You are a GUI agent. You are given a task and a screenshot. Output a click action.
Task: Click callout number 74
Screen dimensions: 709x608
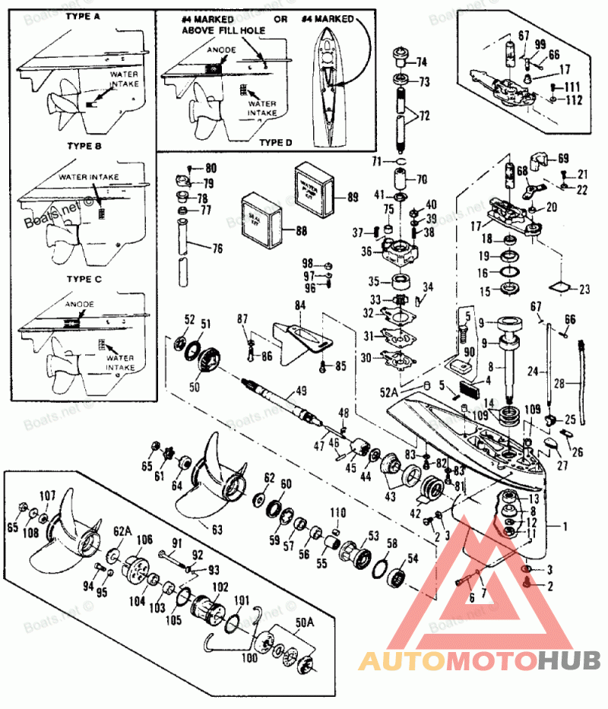click(x=420, y=62)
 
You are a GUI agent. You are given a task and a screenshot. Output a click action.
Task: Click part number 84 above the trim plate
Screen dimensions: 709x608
click(x=300, y=305)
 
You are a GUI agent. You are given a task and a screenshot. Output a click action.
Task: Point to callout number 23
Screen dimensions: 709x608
click(x=584, y=289)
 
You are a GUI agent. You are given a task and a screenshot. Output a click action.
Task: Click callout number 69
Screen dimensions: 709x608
click(x=562, y=159)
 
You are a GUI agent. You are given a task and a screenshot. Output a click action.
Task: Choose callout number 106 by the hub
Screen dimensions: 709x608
click(x=144, y=540)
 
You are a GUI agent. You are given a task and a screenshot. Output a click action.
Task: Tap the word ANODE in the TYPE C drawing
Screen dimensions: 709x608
click(x=79, y=304)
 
